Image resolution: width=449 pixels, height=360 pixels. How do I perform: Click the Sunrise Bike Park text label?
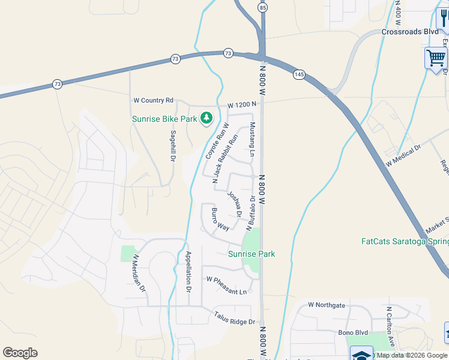pyautogui.click(x=164, y=119)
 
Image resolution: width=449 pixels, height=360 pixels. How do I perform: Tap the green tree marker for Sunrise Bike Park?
pyautogui.click(x=206, y=117)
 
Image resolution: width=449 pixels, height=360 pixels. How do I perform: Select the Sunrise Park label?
pyautogui.click(x=252, y=254)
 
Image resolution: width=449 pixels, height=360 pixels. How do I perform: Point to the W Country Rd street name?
pyautogui.click(x=153, y=100)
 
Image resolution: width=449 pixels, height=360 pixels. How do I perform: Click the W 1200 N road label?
pyautogui.click(x=242, y=104)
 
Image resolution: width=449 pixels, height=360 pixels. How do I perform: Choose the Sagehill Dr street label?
pyautogui.click(x=173, y=146)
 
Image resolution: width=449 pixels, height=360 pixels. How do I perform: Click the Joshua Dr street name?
pyautogui.click(x=235, y=204)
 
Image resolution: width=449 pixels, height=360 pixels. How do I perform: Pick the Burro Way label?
pyautogui.click(x=220, y=220)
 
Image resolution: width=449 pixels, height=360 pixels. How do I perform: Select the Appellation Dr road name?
pyautogui.click(x=188, y=271)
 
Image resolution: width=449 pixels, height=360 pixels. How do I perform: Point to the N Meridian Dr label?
pyautogui.click(x=139, y=273)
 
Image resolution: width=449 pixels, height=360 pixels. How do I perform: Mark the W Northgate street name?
pyautogui.click(x=327, y=305)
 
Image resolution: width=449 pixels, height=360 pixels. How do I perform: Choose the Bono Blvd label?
pyautogui.click(x=337, y=332)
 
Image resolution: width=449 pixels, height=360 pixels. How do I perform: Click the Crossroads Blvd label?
pyautogui.click(x=410, y=32)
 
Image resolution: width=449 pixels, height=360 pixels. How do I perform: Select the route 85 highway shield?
pyautogui.click(x=262, y=8)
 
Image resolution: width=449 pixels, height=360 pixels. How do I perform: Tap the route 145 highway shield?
pyautogui.click(x=298, y=74)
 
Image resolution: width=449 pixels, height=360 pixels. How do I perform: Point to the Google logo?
pyautogui.click(x=20, y=353)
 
